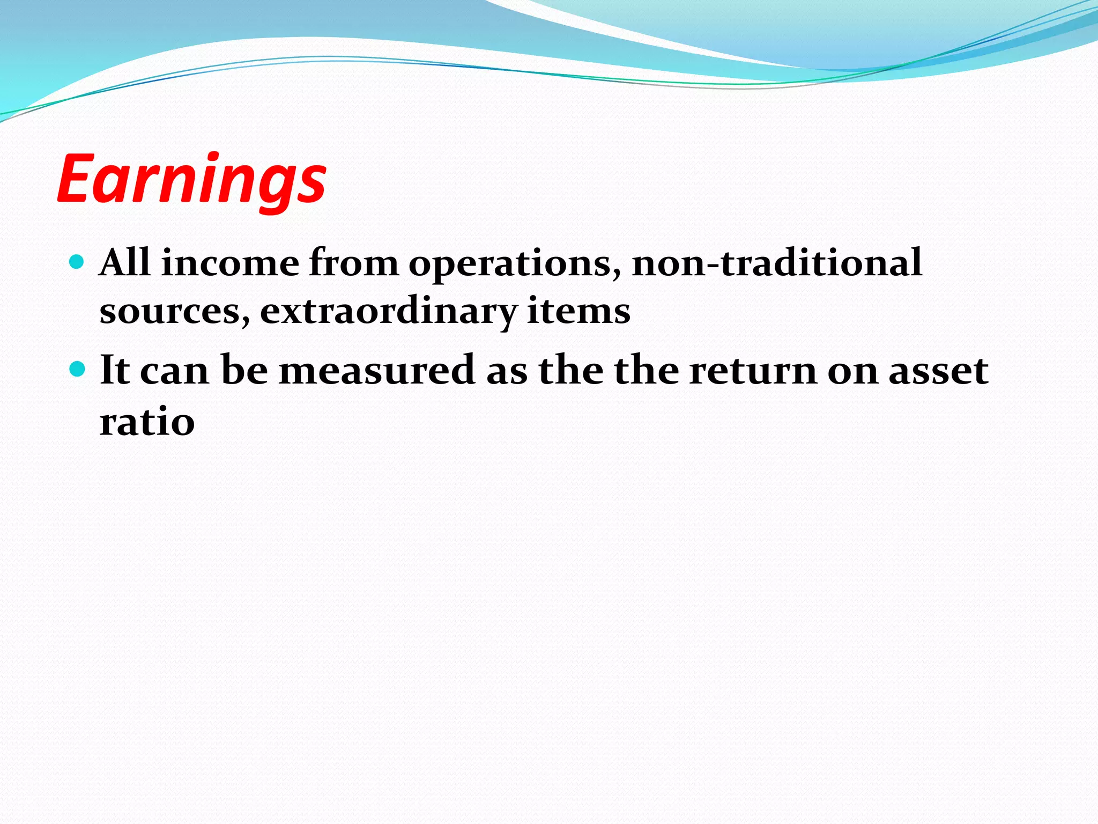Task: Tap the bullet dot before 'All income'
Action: [x=78, y=262]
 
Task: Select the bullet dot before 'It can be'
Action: [x=78, y=369]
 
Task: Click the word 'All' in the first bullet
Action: [x=124, y=262]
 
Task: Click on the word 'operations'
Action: [x=515, y=264]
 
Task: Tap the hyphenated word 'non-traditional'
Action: [x=777, y=262]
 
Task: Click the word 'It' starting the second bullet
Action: [x=115, y=370]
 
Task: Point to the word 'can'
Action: [x=174, y=371]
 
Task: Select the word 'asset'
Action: [x=938, y=371]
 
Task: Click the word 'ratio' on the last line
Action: [x=147, y=422]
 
